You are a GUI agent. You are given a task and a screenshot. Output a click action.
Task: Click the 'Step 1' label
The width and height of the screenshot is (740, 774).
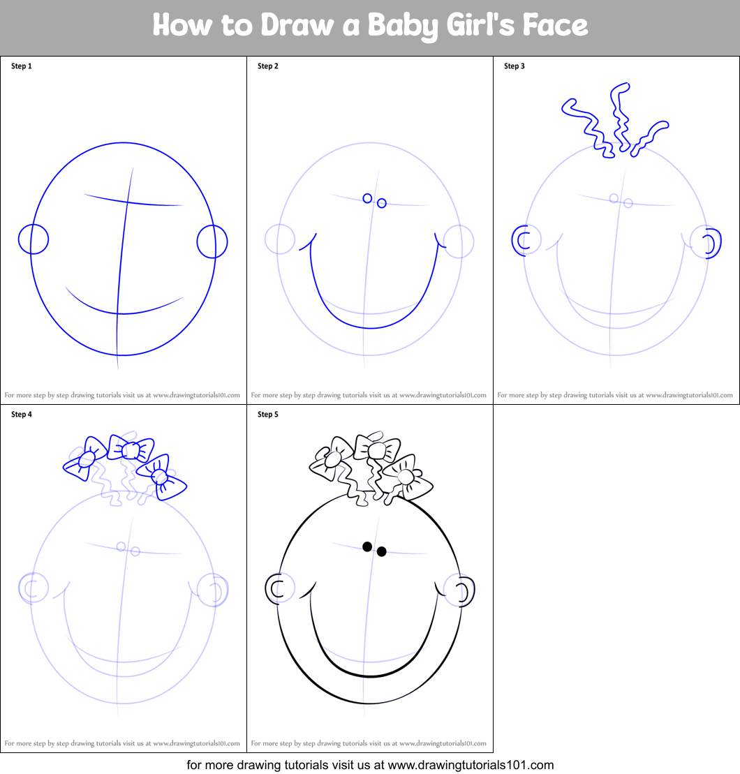point(22,66)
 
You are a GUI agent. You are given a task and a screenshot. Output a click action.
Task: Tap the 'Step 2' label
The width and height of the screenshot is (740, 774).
point(268,66)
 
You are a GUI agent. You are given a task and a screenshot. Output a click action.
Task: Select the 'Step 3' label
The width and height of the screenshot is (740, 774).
point(515,66)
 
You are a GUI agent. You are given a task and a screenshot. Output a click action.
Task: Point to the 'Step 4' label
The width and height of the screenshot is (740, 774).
point(22,415)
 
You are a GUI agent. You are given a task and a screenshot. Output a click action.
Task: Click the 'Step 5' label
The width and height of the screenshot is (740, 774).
point(268,415)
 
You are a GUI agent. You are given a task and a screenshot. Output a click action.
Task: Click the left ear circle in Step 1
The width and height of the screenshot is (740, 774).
point(33,239)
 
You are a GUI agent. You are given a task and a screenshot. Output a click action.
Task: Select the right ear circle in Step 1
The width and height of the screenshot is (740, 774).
point(212,241)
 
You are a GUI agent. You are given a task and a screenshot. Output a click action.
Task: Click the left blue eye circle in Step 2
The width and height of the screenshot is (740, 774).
point(367,198)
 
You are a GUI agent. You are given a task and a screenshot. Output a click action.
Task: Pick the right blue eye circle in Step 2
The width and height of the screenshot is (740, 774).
point(382,203)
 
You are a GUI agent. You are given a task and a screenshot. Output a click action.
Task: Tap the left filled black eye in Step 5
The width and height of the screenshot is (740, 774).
point(367,546)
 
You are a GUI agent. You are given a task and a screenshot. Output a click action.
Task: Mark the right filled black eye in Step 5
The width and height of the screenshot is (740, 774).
point(382,551)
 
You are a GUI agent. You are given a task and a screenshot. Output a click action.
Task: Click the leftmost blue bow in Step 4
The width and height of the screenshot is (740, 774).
point(86,459)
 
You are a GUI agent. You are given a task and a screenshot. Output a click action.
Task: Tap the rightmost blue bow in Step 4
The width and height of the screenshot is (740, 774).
point(160,477)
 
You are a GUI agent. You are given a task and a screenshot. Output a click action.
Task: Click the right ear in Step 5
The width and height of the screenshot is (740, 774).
point(464,590)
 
